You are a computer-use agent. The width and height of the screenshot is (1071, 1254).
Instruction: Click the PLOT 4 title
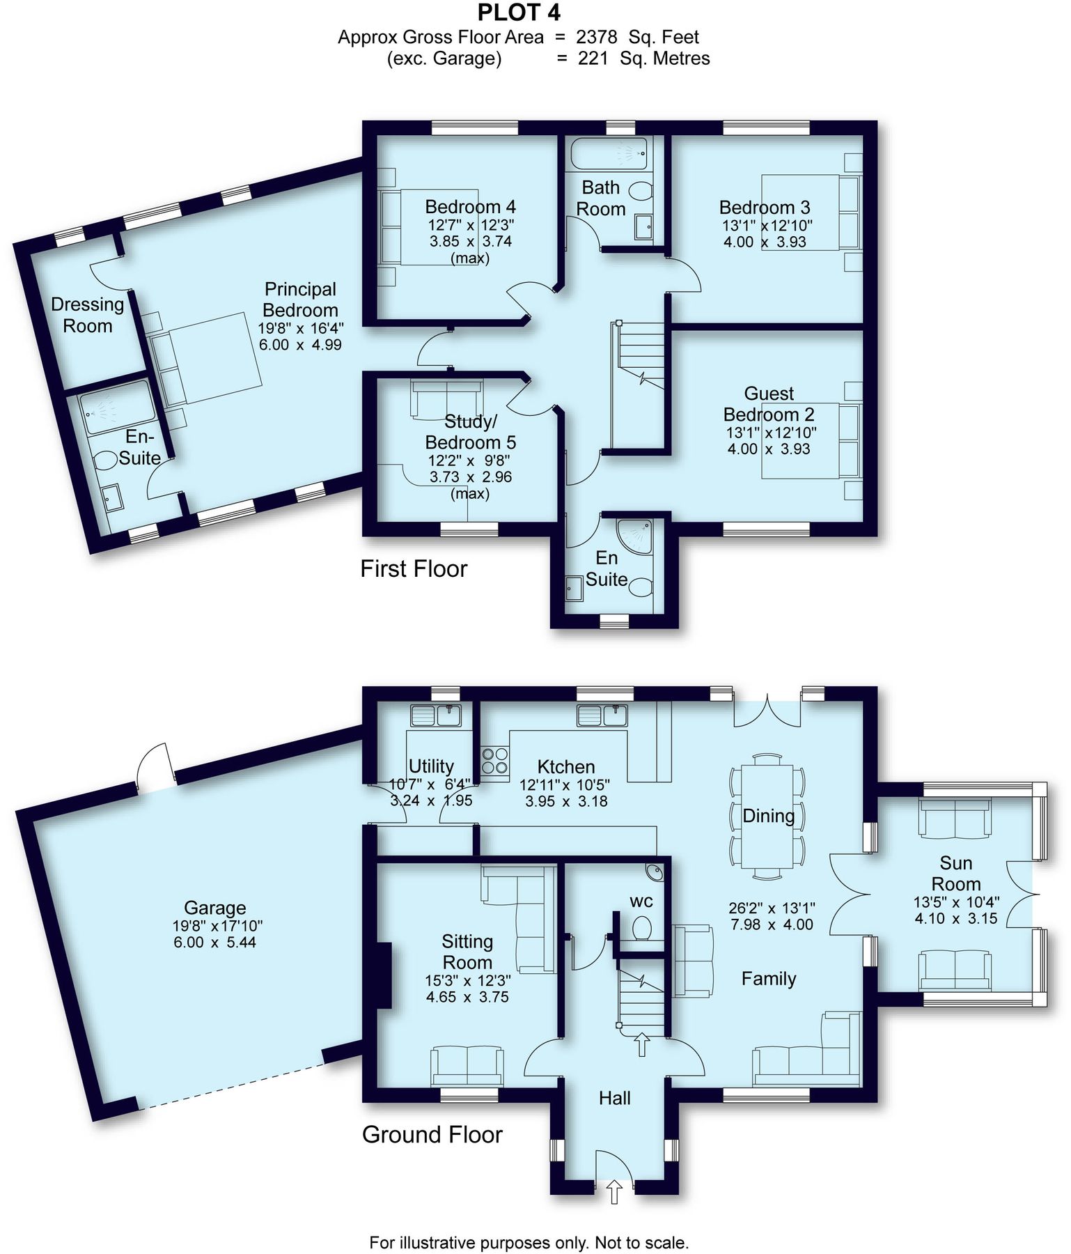tap(519, 13)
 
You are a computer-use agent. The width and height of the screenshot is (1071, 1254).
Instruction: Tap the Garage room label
tap(214, 908)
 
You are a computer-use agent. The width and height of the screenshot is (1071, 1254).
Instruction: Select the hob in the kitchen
tap(494, 760)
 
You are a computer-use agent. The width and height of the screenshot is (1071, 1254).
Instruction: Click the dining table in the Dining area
tap(767, 816)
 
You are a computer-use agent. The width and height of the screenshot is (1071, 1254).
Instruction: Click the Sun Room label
tap(955, 874)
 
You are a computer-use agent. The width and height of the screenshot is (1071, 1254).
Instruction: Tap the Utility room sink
tap(436, 715)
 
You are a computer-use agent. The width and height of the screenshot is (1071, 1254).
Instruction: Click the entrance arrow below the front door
tap(614, 1191)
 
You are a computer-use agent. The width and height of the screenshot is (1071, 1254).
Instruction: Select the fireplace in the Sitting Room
tap(383, 975)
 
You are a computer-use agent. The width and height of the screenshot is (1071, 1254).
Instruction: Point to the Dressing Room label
tap(87, 315)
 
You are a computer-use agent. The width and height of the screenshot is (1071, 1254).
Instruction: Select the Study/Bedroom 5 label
tap(471, 432)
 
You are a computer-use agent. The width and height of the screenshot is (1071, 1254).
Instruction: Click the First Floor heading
tap(413, 569)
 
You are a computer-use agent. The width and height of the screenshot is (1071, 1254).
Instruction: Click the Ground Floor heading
tap(432, 1135)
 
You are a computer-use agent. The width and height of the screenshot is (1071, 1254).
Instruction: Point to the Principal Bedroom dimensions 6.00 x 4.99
tap(300, 345)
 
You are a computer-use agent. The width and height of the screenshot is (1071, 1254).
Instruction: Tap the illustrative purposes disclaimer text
tap(529, 1243)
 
